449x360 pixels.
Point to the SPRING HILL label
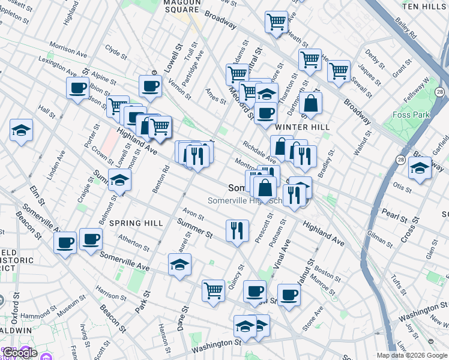(x=137, y=223)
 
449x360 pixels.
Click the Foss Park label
(x=409, y=115)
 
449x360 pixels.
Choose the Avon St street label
(x=193, y=213)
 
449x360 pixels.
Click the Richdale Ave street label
(x=259, y=152)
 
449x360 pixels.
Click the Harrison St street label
(x=110, y=295)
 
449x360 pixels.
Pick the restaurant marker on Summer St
(x=237, y=230)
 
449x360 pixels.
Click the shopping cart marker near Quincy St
(x=213, y=290)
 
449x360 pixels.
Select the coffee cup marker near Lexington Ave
(x=77, y=88)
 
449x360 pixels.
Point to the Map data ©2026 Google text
(x=412, y=355)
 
